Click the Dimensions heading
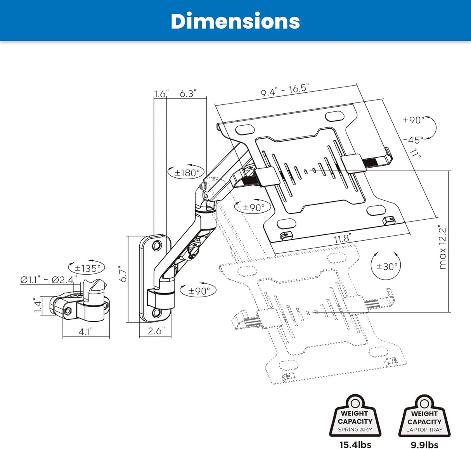(235, 21)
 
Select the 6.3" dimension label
(188, 94)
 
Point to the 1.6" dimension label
(161, 94)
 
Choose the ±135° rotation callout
(87, 268)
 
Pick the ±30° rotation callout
(386, 266)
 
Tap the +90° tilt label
(414, 120)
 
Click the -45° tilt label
(413, 140)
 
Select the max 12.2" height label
(443, 248)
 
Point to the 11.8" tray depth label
(343, 238)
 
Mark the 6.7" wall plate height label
(123, 274)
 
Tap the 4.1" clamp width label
(86, 332)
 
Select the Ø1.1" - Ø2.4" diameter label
(48, 279)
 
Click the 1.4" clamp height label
(38, 306)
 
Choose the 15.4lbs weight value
(355, 445)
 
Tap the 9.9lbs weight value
(424, 445)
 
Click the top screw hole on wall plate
(157, 245)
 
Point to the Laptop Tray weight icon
(424, 417)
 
